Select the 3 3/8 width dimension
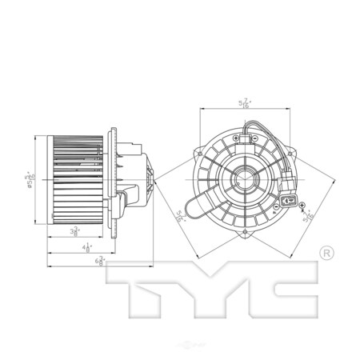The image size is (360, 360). click(x=74, y=233)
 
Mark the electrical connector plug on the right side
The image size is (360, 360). click(x=289, y=192)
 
